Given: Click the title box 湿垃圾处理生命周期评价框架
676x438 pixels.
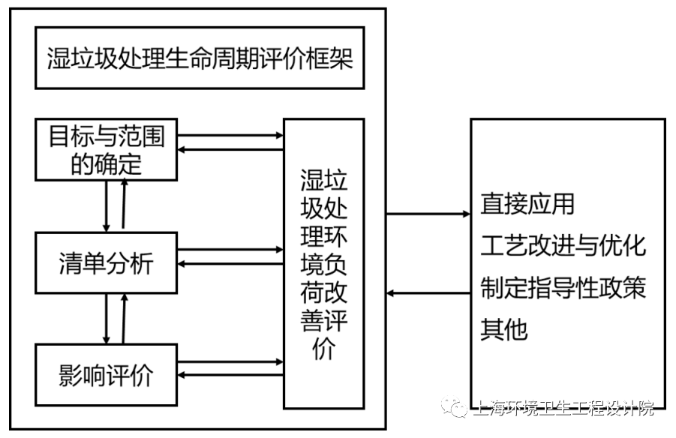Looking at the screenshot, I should [199, 58].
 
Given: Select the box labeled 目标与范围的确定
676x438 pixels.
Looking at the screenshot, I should [106, 149].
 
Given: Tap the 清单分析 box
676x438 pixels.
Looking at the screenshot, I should [106, 262].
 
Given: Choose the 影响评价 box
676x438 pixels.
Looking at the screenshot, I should [106, 373].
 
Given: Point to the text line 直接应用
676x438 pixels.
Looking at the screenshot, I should [527, 203].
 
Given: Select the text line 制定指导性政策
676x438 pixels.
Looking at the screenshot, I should [563, 288].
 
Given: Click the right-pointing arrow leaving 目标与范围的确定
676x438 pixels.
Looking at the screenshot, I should [230, 136].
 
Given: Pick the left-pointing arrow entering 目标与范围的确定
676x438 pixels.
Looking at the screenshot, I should [230, 150].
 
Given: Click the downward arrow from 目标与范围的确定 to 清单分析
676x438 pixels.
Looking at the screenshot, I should [107, 205].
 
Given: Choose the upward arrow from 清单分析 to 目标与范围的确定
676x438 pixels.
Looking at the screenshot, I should [125, 205].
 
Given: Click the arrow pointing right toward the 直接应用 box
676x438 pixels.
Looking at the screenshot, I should [428, 214].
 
